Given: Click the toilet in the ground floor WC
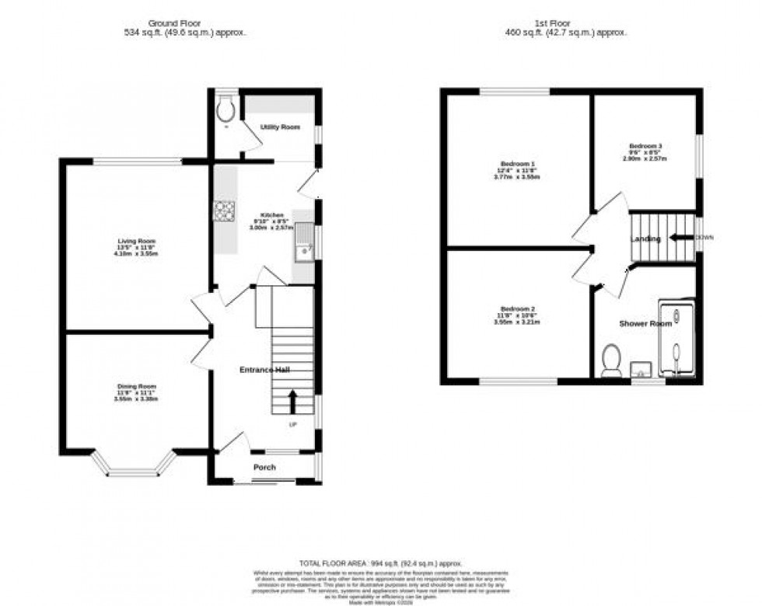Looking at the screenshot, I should pyautogui.click(x=226, y=111).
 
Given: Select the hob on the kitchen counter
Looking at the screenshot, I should pyautogui.click(x=225, y=211).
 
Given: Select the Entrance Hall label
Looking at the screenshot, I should pyautogui.click(x=264, y=370).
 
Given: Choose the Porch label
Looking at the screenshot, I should pyautogui.click(x=264, y=467).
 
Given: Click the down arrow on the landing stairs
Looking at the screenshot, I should pyautogui.click(x=682, y=238).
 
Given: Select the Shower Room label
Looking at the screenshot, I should pyautogui.click(x=645, y=323).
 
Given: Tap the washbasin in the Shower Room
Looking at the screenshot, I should pyautogui.click(x=641, y=367).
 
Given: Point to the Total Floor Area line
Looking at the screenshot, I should pyautogui.click(x=381, y=562).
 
